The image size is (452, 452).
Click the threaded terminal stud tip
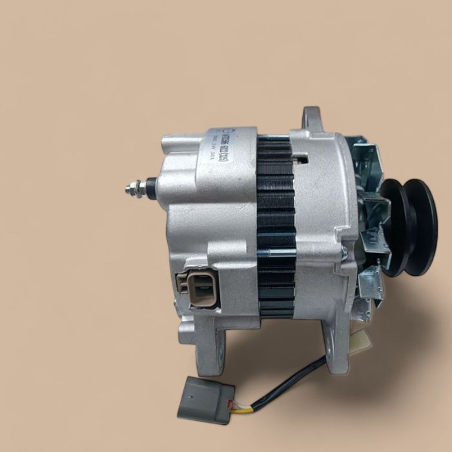point(128,189)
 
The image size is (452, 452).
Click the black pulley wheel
point(408,226)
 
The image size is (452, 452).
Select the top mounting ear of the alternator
point(312,119)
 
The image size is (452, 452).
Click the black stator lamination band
point(276,226)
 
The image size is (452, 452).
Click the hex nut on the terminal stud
point(138,189)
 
